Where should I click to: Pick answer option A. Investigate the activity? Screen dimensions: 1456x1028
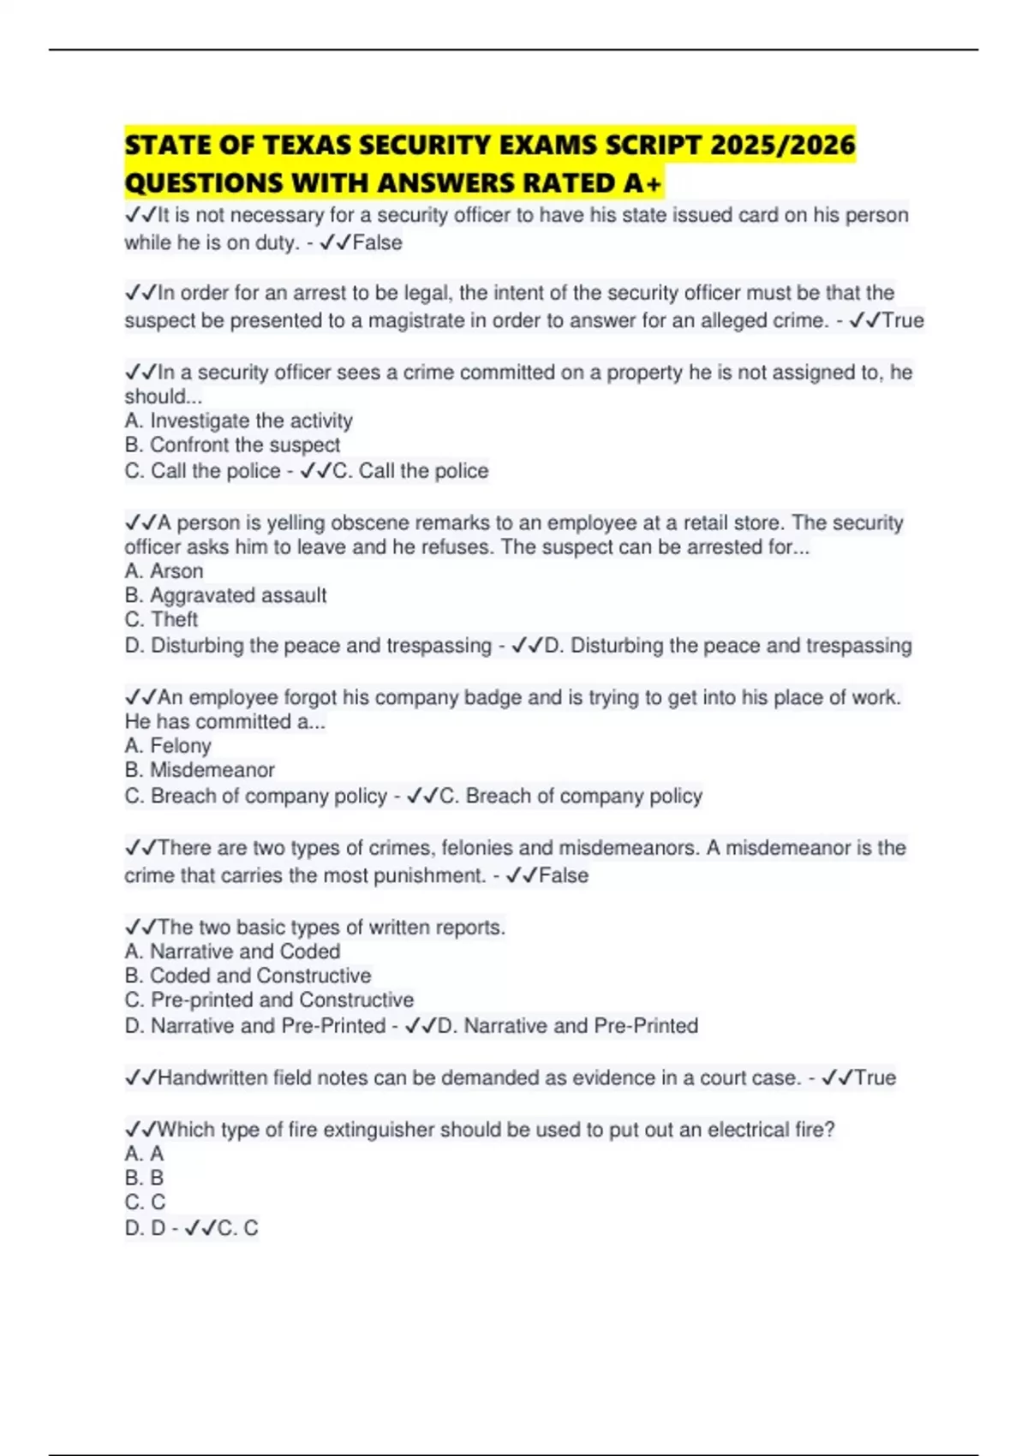pos(238,421)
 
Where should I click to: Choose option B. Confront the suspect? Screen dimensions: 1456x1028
pos(232,445)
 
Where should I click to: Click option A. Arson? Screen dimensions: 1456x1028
pos(164,570)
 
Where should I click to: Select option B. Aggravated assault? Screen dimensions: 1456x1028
pos(225,594)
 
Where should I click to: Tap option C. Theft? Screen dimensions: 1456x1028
pos(161,618)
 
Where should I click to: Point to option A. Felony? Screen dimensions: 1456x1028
pos(168,745)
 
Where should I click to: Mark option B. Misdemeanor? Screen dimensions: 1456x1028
pos(200,769)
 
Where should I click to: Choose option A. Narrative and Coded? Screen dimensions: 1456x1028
pos(232,951)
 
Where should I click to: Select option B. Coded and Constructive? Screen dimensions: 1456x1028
pos(248,975)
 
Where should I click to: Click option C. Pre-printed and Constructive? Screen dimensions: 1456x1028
pos(269,1000)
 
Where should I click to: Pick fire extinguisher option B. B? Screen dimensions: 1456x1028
pos(144,1178)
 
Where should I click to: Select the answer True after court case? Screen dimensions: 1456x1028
pos(875,1077)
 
